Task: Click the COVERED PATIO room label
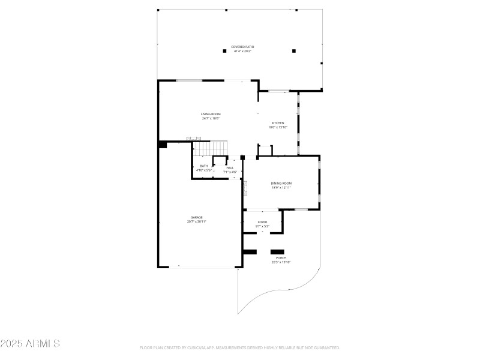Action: pyautogui.click(x=242, y=47)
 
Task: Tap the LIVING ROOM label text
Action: pyautogui.click(x=211, y=114)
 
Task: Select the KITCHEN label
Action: pyautogui.click(x=278, y=123)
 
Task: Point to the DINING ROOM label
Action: pyautogui.click(x=281, y=183)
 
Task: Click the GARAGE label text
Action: pyautogui.click(x=196, y=217)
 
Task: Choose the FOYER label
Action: pyautogui.click(x=263, y=222)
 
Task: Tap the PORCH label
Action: pyautogui.click(x=281, y=258)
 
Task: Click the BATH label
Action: pyautogui.click(x=204, y=166)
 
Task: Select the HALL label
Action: pyautogui.click(x=230, y=168)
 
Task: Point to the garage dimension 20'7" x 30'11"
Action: pyautogui.click(x=196, y=221)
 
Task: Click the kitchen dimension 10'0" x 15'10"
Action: pyautogui.click(x=278, y=127)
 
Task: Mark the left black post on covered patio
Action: pyautogui.click(x=224, y=51)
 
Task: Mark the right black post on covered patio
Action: pyautogui.click(x=293, y=51)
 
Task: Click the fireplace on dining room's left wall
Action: pyautogui.click(x=245, y=189)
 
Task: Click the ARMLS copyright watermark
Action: pyautogui.click(x=30, y=344)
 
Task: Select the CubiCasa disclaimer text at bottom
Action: pyautogui.click(x=240, y=347)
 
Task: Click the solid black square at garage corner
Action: pyautogui.click(x=163, y=144)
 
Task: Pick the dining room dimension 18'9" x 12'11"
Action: pyautogui.click(x=281, y=187)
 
